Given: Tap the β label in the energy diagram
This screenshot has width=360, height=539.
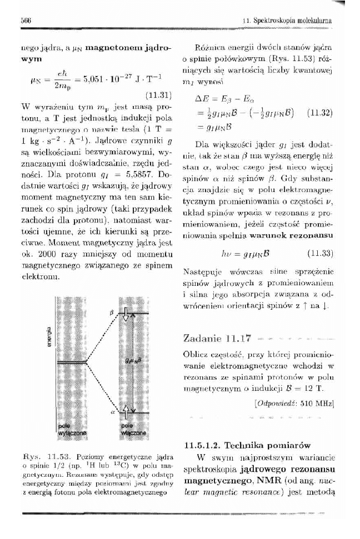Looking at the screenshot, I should [x=112, y=314].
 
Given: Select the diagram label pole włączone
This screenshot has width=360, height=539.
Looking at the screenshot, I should [x=130, y=428].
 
